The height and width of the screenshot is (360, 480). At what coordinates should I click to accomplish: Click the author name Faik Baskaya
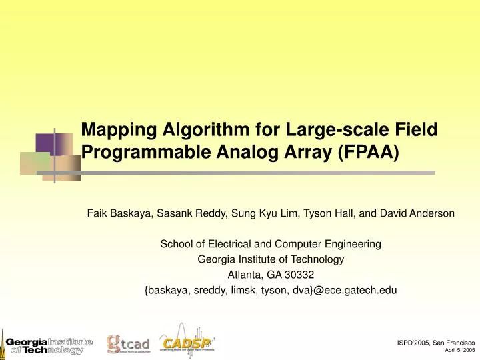pos(116,213)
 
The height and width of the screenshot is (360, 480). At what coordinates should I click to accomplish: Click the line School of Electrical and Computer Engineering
pos(271,244)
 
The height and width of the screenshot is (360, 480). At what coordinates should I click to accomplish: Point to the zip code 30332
pos(300,275)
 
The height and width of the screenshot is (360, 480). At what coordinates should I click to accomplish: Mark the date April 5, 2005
pos(459,350)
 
